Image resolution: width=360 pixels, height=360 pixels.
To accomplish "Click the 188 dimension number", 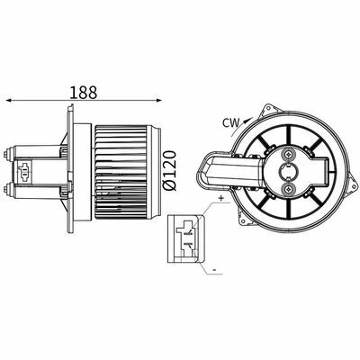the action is pyautogui.click(x=84, y=93).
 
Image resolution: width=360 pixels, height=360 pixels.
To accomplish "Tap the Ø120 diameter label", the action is pyautogui.click(x=169, y=170).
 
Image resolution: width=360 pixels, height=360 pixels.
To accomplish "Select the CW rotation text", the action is pyautogui.click(x=231, y=123).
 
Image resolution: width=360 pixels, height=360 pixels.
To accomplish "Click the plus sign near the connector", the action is pyautogui.click(x=221, y=198).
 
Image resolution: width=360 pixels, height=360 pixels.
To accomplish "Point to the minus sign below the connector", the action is pyautogui.click(x=214, y=270).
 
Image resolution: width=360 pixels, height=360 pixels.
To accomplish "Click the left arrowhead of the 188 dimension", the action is pyautogui.click(x=9, y=101).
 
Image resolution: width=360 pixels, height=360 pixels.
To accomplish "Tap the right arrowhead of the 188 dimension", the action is pyautogui.click(x=158, y=101).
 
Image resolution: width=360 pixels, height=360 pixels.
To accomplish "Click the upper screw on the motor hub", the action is pyautogui.click(x=288, y=154).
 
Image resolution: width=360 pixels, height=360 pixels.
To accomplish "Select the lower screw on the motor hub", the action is pyautogui.click(x=288, y=189).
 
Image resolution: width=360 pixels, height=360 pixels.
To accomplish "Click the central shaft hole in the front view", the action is pyautogui.click(x=288, y=171).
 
